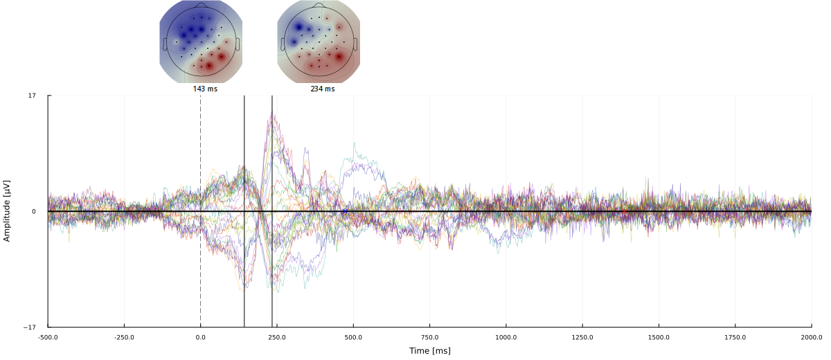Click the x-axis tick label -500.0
(48, 337)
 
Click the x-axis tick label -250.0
(124, 337)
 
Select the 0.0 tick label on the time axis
(201, 337)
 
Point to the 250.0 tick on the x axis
(277, 337)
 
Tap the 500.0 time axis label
(353, 337)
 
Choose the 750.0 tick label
(429, 337)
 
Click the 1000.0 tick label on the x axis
(506, 337)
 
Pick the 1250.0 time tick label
(582, 337)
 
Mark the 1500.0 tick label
(659, 337)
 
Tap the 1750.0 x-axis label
(735, 337)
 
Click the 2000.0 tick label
(812, 337)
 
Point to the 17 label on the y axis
(32, 96)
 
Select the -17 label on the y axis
(30, 327)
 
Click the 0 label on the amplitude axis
(33, 211)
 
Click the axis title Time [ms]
(429, 351)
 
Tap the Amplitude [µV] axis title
(8, 210)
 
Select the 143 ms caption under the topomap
(205, 89)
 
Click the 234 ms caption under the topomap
(323, 89)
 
